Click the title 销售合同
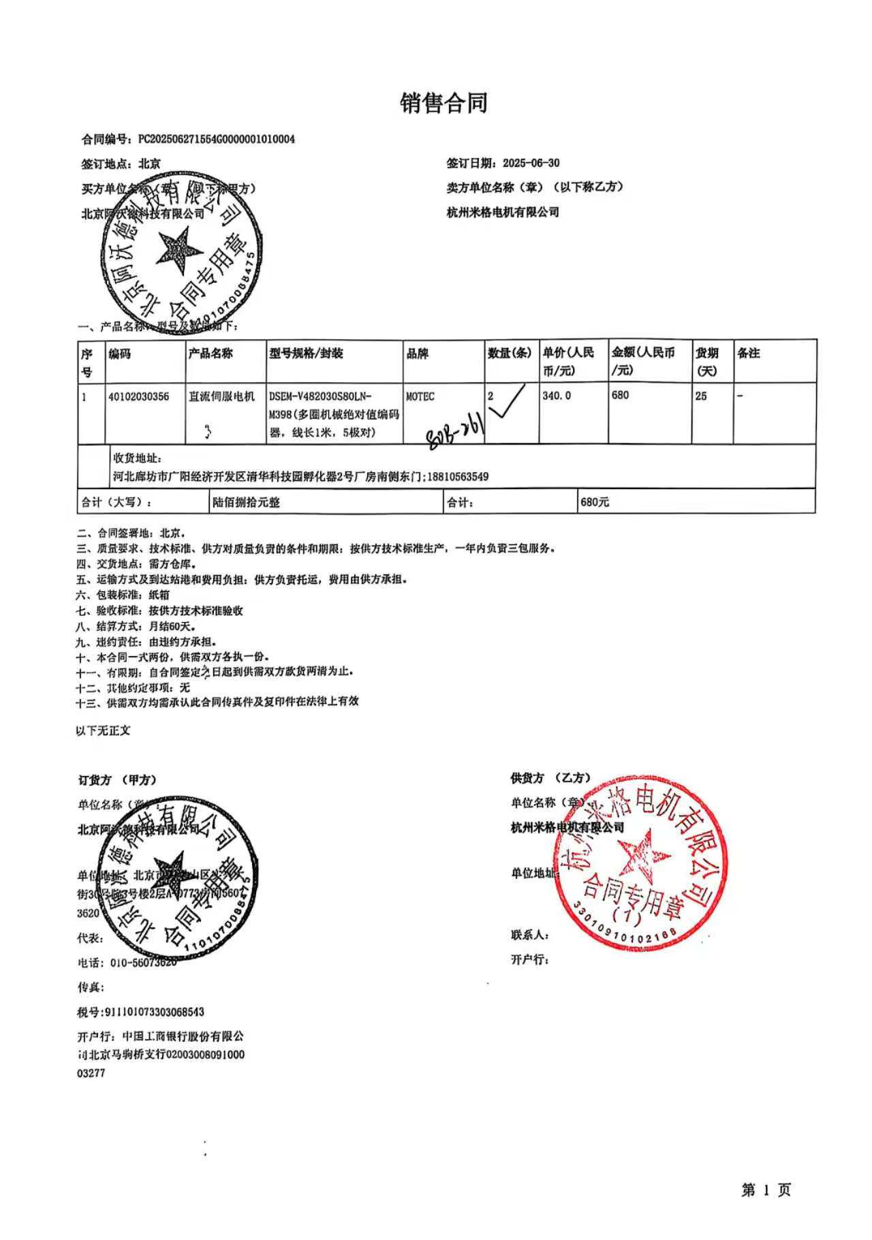(443, 104)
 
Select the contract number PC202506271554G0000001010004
(217, 140)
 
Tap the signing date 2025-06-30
(531, 164)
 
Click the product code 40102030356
(139, 396)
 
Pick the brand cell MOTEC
(420, 396)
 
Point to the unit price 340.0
(557, 395)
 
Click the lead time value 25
(701, 396)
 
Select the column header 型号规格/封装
(307, 354)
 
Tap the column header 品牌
(418, 354)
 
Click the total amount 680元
(595, 502)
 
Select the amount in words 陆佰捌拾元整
(246, 503)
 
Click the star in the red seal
(641, 854)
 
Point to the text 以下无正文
(103, 730)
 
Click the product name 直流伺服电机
(221, 396)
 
